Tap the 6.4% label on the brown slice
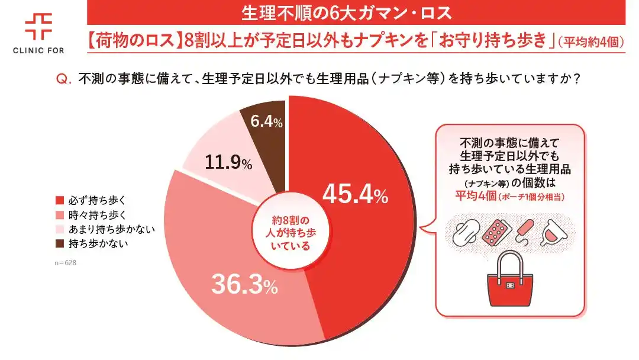[x=266, y=122]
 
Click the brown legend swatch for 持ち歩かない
[x=58, y=243]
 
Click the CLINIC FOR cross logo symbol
[x=38, y=26]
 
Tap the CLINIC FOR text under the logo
[x=38, y=51]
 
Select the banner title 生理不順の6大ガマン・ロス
[x=350, y=12]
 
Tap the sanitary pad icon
[x=466, y=233]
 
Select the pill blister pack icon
[x=496, y=232]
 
